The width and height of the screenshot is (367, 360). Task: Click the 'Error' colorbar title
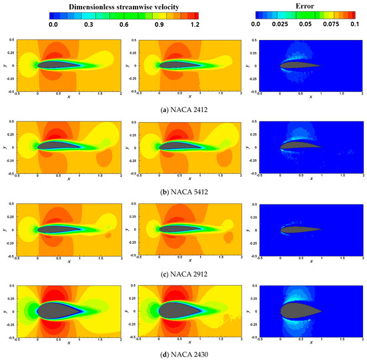[x=288, y=5]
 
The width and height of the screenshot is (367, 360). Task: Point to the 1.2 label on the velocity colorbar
[x=195, y=24]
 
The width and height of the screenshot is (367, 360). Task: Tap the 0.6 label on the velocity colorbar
[x=124, y=24]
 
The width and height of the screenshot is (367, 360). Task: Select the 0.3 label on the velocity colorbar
[x=88, y=24]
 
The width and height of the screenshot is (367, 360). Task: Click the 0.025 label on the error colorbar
[x=280, y=24]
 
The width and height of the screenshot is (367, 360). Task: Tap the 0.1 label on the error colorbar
[x=354, y=24]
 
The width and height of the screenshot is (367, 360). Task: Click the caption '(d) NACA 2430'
[x=183, y=353]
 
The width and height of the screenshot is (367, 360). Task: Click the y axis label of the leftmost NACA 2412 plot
[x=5, y=66]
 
